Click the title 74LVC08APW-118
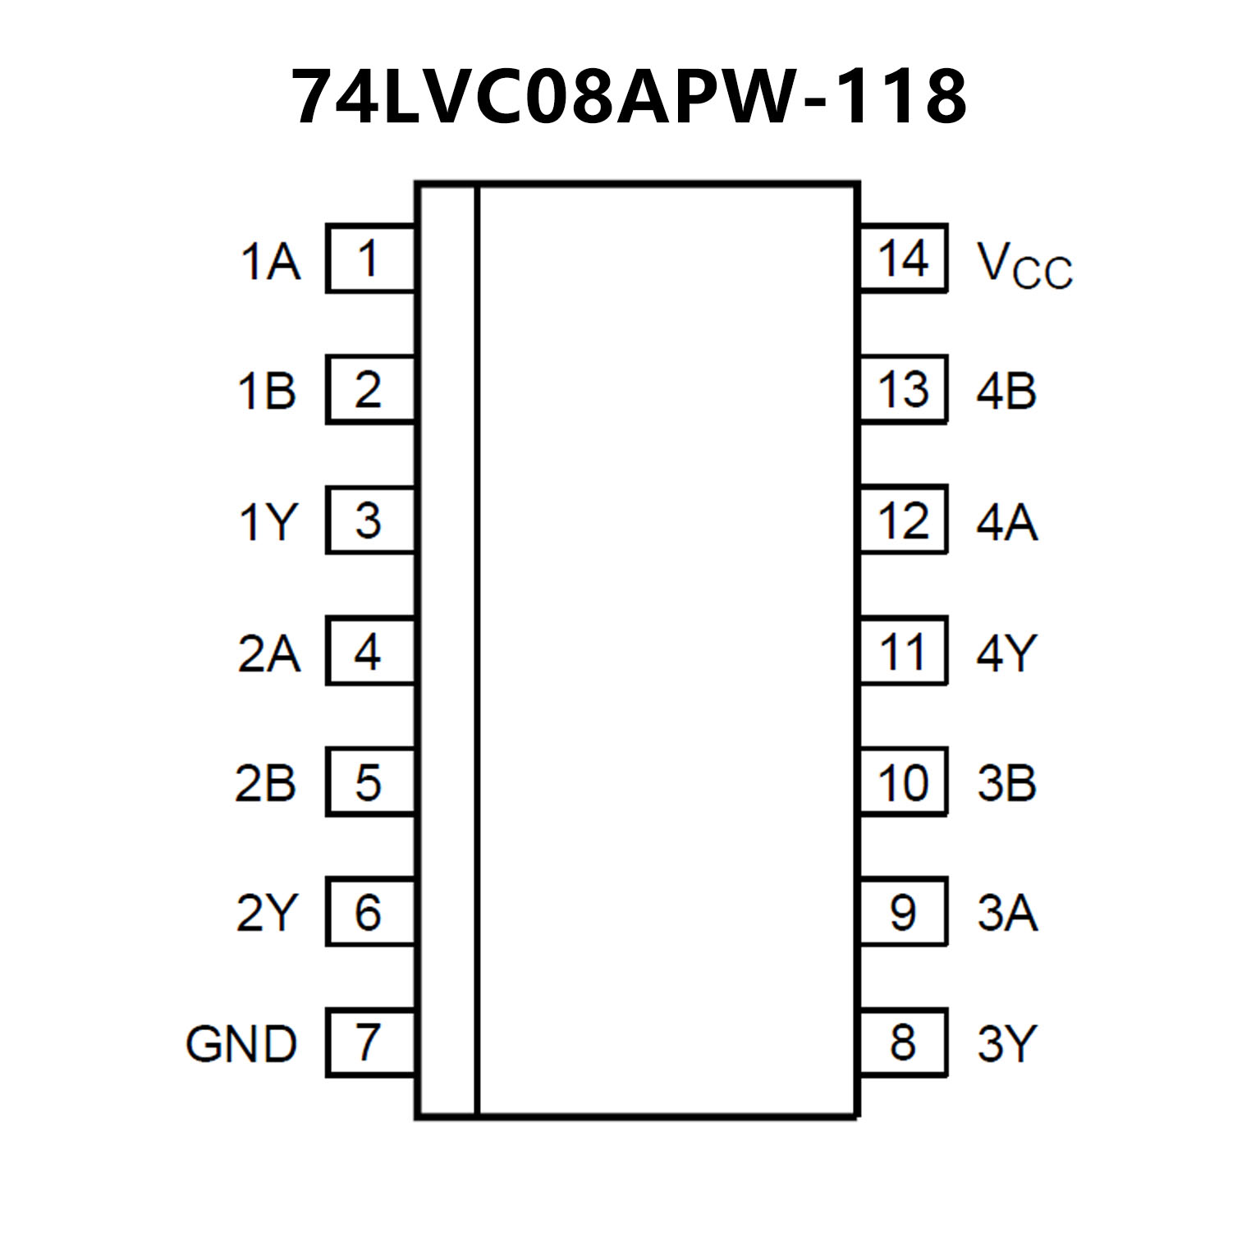point(630,97)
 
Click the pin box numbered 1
point(370,259)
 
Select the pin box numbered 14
point(903,259)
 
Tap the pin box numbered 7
point(370,1042)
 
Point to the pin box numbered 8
point(903,1042)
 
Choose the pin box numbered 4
point(370,651)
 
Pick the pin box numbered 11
point(903,651)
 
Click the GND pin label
point(241,1044)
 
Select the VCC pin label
point(1024,264)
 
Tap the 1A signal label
point(269,262)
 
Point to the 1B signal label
point(267,391)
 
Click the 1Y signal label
point(267,521)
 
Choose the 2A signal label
point(268,653)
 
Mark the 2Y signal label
point(265,913)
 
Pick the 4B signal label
point(1006,391)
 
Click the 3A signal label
point(1007,913)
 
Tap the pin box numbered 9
point(903,912)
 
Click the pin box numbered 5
point(370,781)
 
